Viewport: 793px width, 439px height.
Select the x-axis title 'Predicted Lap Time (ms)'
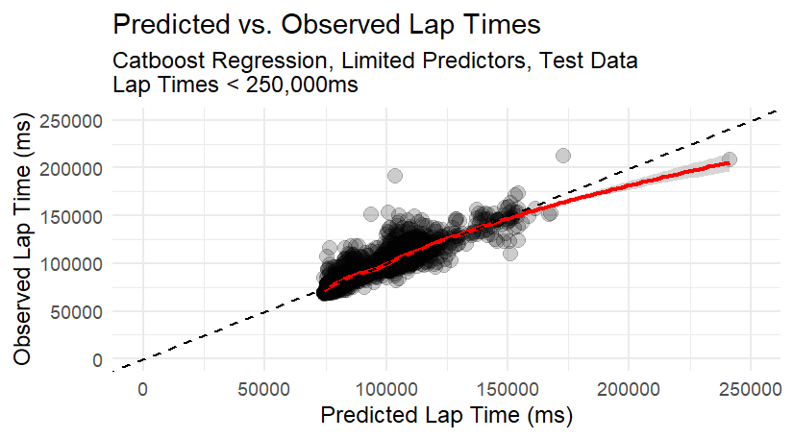[x=446, y=416]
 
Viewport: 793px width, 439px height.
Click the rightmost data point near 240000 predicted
[x=730, y=159]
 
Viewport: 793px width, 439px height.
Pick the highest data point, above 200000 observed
[x=563, y=156]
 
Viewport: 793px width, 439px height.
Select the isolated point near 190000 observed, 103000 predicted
[x=395, y=176]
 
